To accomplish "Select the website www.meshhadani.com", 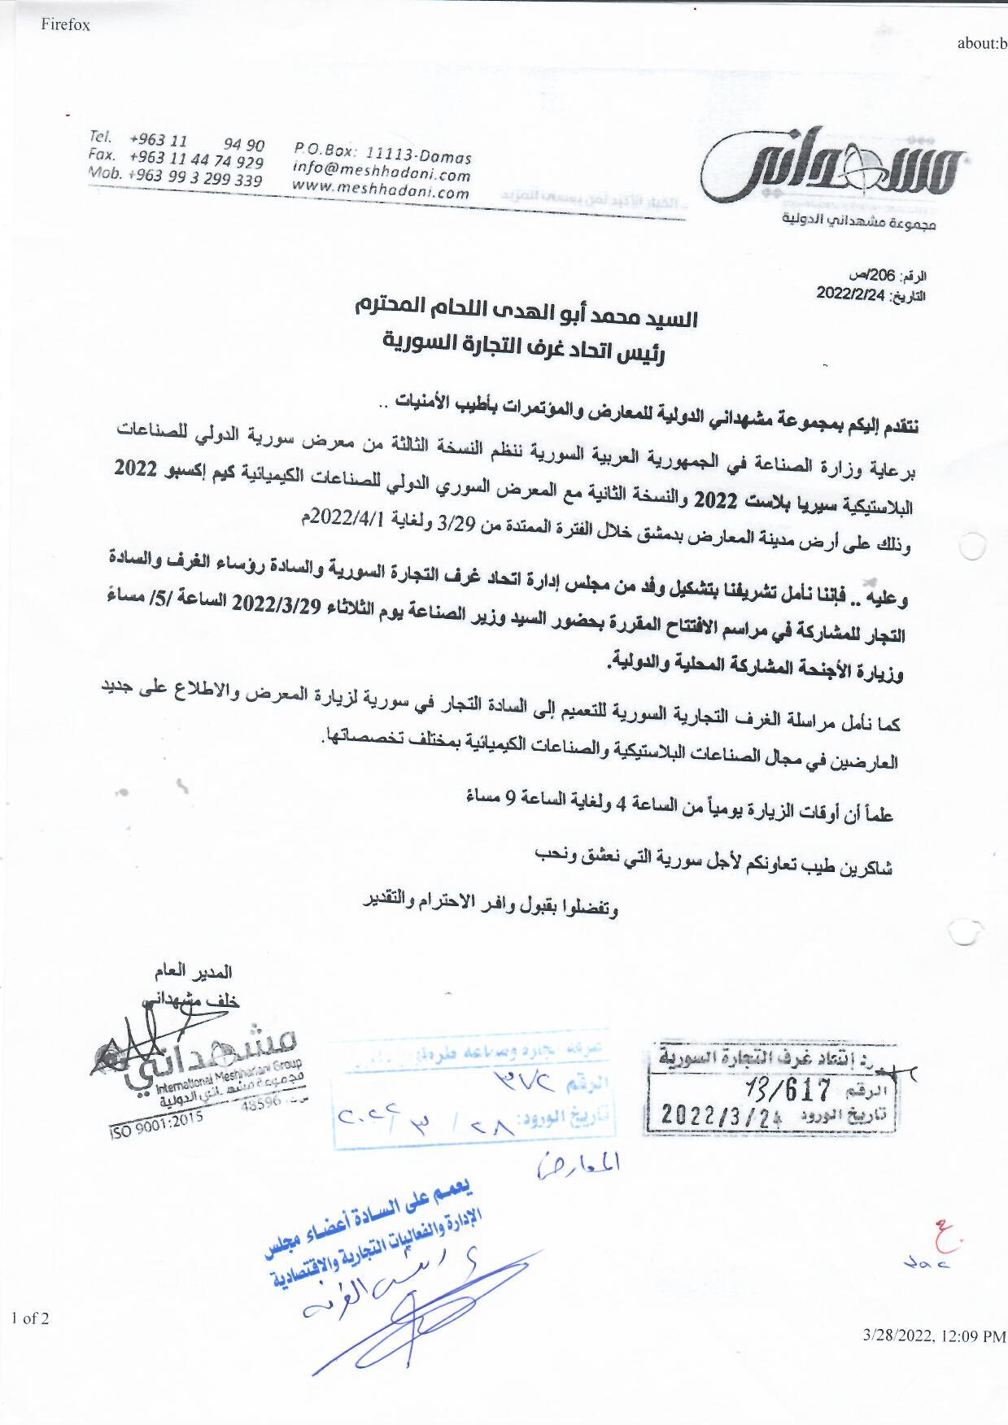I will click(381, 192).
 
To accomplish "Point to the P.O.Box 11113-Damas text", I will click(382, 155).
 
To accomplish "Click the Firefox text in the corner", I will click(65, 25).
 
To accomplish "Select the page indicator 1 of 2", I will click(30, 1318).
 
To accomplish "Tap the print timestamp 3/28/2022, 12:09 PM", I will click(934, 1336).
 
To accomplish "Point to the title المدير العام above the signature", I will click(193, 972).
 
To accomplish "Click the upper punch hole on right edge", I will click(972, 547).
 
